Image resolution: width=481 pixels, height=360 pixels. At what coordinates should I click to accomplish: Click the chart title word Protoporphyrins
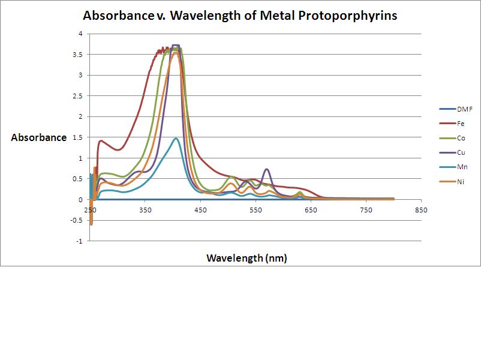pos(357,16)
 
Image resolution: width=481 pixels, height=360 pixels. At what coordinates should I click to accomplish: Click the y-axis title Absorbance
pos(39,137)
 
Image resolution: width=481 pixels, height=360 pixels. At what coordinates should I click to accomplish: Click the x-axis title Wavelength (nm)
pos(246,258)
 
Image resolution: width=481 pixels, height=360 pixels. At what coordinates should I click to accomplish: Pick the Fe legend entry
pos(461,124)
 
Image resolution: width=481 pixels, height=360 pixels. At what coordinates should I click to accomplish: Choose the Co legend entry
pos(461,138)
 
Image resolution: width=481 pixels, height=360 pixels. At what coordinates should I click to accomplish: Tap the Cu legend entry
pos(461,152)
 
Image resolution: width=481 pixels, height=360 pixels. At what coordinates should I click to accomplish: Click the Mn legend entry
pos(461,167)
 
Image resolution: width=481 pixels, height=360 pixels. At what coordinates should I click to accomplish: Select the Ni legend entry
pos(461,181)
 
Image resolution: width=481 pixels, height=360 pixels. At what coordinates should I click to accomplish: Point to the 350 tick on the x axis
pos(145,210)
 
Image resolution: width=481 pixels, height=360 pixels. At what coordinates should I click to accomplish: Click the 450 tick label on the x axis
pos(200,210)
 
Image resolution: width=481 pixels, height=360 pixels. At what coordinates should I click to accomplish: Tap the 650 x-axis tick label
pos(311,210)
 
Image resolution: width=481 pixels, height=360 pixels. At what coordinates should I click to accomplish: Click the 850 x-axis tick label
pos(421,210)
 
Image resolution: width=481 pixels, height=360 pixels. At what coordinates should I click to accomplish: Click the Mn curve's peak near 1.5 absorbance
pos(176,139)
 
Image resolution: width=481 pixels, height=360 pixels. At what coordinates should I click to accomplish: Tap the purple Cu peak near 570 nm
pos(267,169)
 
